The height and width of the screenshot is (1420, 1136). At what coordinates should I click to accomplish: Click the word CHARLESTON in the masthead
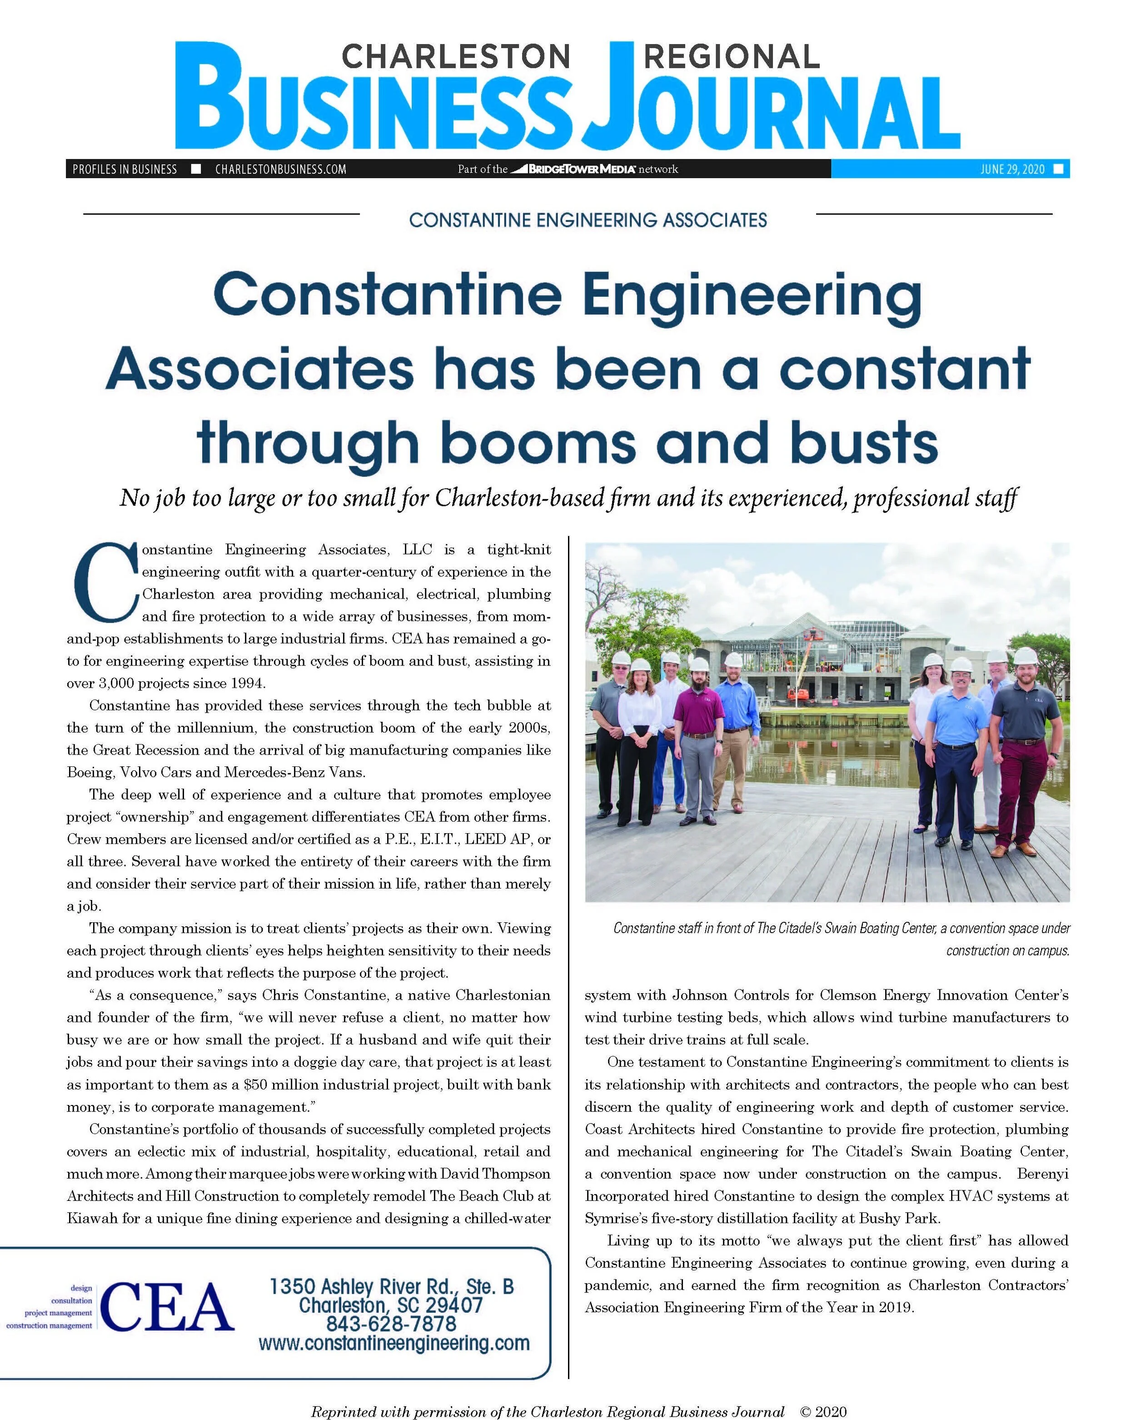[x=456, y=57]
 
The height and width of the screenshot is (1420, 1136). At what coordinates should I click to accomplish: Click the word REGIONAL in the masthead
[x=731, y=57]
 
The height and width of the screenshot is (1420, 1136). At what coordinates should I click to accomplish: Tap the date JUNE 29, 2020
[x=1012, y=169]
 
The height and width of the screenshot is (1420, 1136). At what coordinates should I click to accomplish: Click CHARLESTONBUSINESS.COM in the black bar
[x=280, y=169]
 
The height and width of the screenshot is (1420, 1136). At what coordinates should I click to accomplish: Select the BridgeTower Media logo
[x=573, y=169]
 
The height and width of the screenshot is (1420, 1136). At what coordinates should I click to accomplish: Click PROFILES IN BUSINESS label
[x=125, y=169]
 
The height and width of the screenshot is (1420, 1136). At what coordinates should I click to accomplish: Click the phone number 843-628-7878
[x=391, y=1324]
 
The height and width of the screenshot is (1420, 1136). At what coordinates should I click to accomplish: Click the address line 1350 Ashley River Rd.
[x=391, y=1285]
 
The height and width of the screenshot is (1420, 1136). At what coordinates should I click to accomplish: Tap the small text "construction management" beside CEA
[x=50, y=1325]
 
